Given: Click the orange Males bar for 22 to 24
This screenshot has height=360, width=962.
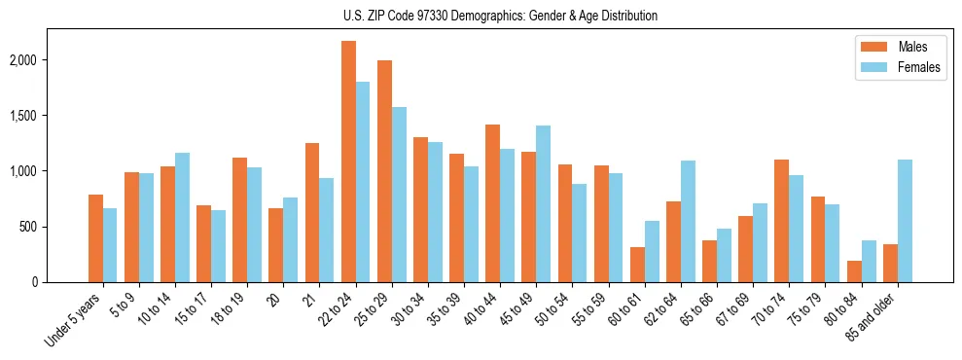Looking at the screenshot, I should tap(348, 162).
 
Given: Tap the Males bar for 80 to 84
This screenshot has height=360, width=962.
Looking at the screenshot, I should tap(854, 271).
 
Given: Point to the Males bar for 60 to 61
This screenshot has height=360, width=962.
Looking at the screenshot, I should tap(637, 265).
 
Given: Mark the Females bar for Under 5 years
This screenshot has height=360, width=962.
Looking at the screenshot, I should tap(110, 245).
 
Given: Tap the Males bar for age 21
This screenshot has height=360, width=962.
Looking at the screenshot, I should tap(312, 212).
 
